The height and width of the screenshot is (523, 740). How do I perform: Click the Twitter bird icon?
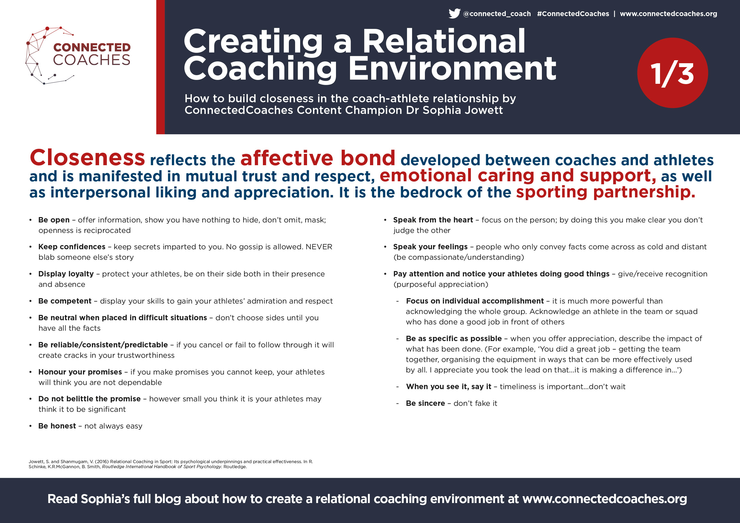(x=454, y=13)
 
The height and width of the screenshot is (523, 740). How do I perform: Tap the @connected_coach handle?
(x=497, y=14)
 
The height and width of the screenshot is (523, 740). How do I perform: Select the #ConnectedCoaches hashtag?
(x=573, y=14)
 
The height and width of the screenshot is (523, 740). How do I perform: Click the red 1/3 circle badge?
(x=672, y=73)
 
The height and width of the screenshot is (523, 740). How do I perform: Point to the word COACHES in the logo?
(x=92, y=60)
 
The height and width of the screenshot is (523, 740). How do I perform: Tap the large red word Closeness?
(x=87, y=158)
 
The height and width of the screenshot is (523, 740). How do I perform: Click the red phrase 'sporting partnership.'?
(x=606, y=192)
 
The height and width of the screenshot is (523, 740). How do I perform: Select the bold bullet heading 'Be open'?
(x=54, y=220)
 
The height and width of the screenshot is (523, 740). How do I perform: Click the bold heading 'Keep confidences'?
(x=72, y=247)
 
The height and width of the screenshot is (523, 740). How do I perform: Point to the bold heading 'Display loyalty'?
(x=66, y=274)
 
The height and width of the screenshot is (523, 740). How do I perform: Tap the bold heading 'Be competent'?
(x=65, y=301)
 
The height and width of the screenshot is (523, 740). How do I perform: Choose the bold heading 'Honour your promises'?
(x=80, y=372)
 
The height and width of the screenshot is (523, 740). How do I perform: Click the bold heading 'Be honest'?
(x=57, y=426)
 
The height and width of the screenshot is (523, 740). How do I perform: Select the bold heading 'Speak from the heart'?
(x=433, y=220)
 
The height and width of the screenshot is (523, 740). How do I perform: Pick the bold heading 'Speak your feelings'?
(x=430, y=247)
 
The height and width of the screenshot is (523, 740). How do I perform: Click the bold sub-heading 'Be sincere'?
(x=425, y=403)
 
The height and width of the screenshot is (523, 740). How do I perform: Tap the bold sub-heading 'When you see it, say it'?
(x=449, y=386)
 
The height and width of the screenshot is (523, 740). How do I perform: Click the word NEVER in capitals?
(x=319, y=247)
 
